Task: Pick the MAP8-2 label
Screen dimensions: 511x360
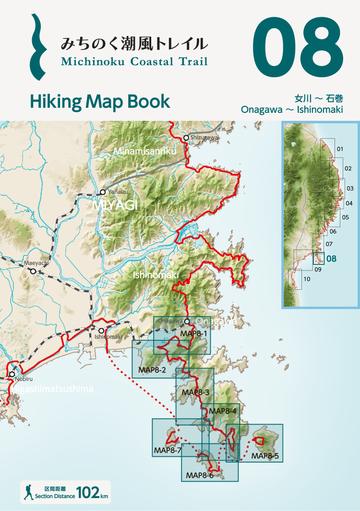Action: click(x=152, y=370)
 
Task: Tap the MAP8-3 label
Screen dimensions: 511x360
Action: click(x=195, y=393)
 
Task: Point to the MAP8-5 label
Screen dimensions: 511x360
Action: click(x=264, y=455)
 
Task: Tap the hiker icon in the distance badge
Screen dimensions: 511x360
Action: click(x=29, y=492)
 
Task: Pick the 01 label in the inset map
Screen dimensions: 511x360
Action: click(x=339, y=149)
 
